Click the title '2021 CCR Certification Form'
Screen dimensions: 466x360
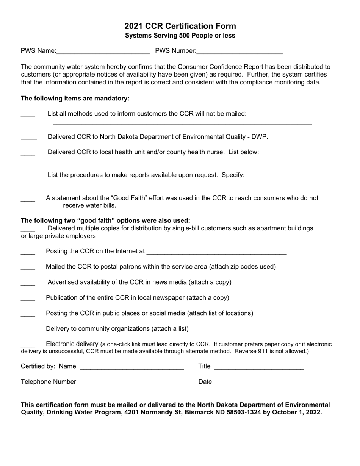180,26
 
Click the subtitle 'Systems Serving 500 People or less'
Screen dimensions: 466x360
180,36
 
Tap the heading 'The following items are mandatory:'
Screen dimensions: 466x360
75,99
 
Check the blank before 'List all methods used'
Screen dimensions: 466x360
28,115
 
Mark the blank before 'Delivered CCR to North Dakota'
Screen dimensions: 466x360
29,138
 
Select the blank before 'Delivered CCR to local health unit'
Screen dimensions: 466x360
28,153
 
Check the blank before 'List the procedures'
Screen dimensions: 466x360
28,177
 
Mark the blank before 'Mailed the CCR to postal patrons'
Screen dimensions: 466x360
28,268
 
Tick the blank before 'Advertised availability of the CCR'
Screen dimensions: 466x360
28,284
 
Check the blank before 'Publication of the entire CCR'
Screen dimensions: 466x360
28,299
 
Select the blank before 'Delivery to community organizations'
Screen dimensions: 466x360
28,330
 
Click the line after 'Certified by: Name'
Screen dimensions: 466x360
132,367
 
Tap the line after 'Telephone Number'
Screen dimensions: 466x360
133,383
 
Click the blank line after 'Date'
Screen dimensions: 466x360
260,383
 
